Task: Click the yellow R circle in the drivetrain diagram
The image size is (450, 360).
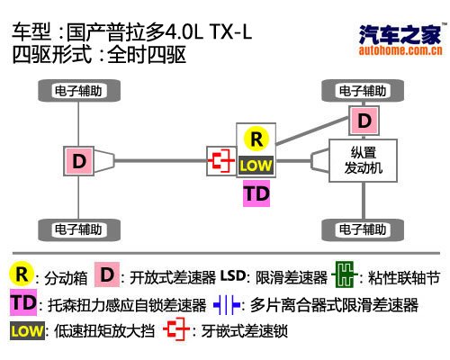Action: click(x=256, y=139)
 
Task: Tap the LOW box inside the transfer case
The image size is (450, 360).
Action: click(x=256, y=166)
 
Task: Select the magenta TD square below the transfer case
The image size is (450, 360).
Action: click(x=256, y=193)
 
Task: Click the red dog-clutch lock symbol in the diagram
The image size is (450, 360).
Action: click(x=221, y=161)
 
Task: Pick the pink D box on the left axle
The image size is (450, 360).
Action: click(x=79, y=161)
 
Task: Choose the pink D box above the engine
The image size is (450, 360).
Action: click(x=364, y=121)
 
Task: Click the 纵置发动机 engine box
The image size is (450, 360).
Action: click(x=364, y=160)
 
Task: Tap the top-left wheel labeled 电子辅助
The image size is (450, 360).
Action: click(x=79, y=91)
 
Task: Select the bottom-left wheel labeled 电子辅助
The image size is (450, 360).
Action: click(x=79, y=229)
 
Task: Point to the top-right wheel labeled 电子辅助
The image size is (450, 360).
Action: click(x=363, y=91)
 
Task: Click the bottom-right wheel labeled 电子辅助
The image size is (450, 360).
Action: click(x=363, y=229)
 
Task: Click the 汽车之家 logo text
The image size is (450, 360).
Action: click(x=400, y=35)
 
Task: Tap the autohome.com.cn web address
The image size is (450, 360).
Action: click(x=400, y=50)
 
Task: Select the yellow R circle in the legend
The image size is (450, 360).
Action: click(x=21, y=274)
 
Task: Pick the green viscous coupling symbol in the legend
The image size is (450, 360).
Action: click(x=345, y=274)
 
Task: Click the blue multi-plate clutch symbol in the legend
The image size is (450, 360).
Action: click(x=227, y=305)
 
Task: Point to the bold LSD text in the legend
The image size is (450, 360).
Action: click(x=233, y=275)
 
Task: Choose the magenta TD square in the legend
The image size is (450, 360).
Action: click(x=23, y=302)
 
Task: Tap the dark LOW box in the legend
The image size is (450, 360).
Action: click(x=27, y=331)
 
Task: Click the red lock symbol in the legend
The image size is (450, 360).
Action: click(x=176, y=329)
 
